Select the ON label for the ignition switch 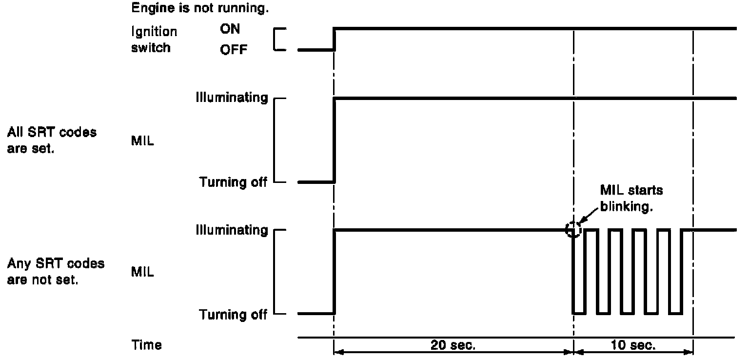[230, 29]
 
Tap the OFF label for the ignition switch [233, 49]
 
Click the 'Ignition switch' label [154, 40]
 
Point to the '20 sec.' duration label [453, 345]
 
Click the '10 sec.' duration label [633, 345]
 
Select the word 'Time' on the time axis [146, 345]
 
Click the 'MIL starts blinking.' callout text [631, 198]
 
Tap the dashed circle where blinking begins [573, 229]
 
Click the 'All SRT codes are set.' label [52, 140]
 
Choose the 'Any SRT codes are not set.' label [56, 272]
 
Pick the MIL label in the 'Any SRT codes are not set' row [142, 272]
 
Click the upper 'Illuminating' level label [232, 98]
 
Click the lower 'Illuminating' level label [232, 229]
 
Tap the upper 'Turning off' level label [233, 182]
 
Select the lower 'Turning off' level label [233, 315]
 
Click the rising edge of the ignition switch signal [334, 39]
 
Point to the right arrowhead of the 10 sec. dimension [690, 351]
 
